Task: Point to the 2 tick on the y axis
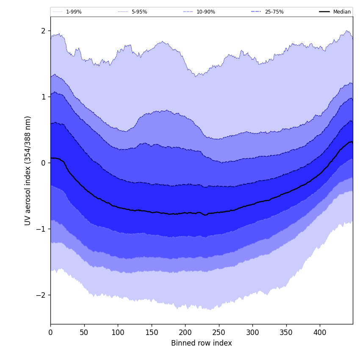point(43,30)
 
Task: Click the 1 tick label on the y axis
point(43,97)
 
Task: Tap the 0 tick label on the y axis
point(43,163)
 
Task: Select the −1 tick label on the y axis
point(41,229)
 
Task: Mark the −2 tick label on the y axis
point(41,295)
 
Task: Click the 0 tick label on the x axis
point(50,332)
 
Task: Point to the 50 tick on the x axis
point(84,332)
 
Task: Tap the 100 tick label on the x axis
point(118,332)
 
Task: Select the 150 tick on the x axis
point(151,332)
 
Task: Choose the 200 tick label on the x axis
point(185,332)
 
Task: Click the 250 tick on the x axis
point(219,332)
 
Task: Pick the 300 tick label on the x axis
point(252,332)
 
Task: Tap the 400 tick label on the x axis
point(320,332)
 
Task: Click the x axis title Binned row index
point(202,343)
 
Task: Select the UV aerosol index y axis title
point(28,170)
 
